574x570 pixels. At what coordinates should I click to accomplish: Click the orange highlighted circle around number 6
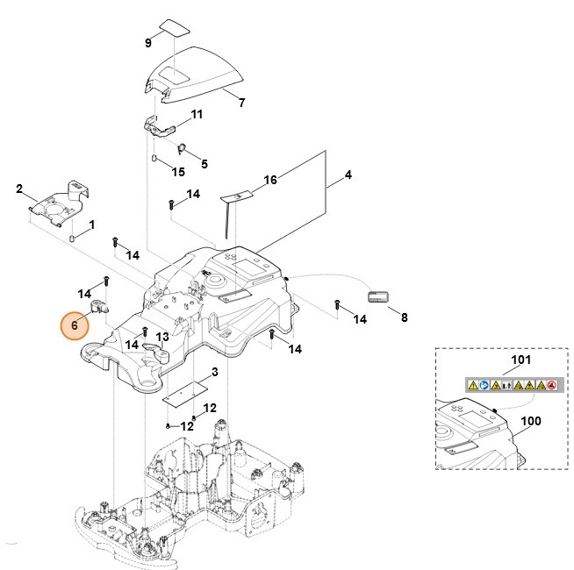(75, 324)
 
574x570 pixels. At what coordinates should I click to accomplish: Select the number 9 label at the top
(148, 43)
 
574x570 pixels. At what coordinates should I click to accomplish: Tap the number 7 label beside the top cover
(241, 103)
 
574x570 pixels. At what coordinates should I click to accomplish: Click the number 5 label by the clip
(204, 163)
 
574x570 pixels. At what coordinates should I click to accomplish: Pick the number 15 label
(178, 171)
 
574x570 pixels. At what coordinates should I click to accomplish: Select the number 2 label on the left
(19, 189)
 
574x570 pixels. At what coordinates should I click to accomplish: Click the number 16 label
(270, 180)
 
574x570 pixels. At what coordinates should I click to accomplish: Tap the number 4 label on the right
(348, 175)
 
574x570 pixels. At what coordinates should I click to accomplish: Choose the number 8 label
(404, 317)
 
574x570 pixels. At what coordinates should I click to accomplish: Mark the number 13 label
(162, 337)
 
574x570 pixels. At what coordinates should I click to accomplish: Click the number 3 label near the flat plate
(215, 372)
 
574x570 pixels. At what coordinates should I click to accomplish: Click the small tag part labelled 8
(379, 296)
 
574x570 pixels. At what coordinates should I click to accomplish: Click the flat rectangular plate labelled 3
(187, 389)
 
